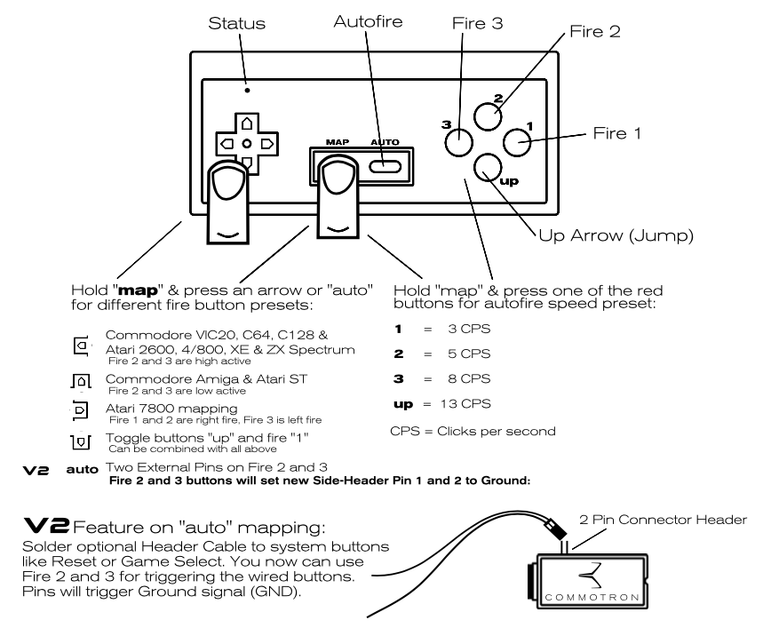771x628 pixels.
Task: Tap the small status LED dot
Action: point(247,90)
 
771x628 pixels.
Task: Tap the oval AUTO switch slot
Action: point(385,165)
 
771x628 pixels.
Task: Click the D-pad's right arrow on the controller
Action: point(266,143)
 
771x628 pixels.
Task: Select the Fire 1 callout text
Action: point(619,132)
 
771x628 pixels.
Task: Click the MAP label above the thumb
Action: point(337,140)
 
